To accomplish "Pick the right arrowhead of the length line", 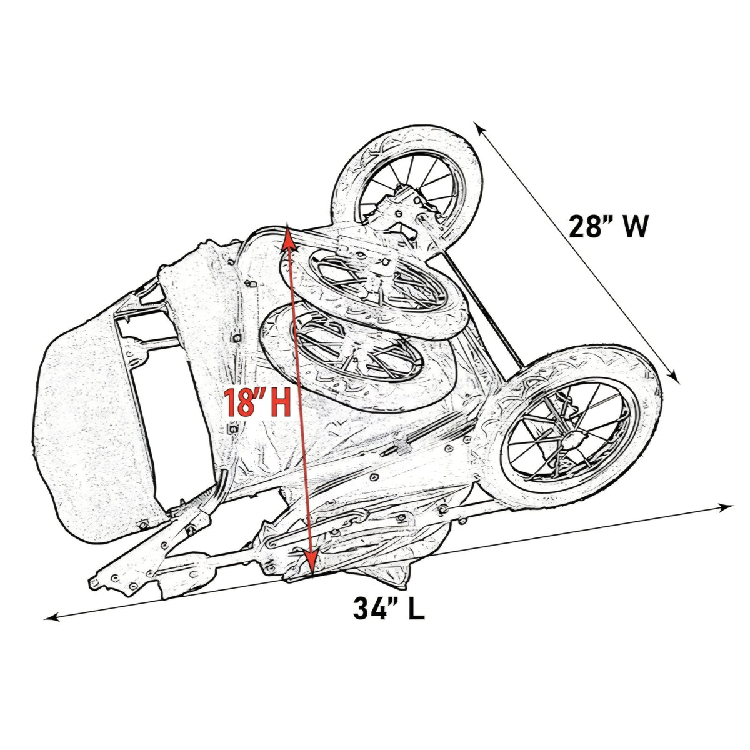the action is [725, 507].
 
